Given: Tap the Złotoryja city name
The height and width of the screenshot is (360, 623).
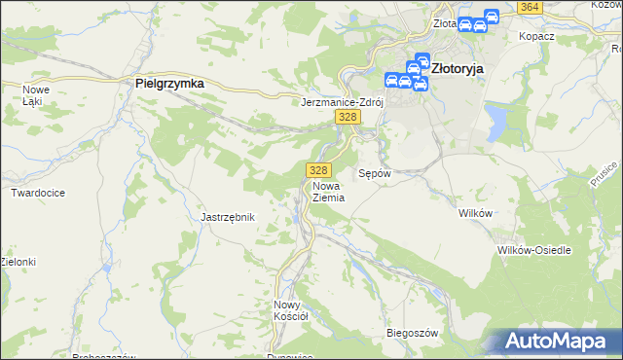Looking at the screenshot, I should coord(457,69).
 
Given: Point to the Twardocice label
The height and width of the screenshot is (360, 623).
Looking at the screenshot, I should coord(38,193).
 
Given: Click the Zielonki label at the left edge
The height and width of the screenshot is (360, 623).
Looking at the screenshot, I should coord(18,262).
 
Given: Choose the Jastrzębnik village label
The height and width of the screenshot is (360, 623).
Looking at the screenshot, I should coord(227,217).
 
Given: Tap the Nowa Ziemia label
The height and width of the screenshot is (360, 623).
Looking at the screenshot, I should coord(329,191).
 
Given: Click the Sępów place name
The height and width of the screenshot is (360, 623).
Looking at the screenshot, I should coord(375,173).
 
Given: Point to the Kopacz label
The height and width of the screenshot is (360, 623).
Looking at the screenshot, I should coord(537,35).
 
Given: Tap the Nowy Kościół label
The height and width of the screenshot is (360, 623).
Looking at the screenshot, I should coord(291,309).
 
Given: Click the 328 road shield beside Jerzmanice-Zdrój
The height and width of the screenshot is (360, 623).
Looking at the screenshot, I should coord(348,117).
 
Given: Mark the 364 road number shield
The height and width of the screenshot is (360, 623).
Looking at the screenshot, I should coord(529,7).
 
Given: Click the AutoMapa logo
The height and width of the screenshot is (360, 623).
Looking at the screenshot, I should coord(556,342).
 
